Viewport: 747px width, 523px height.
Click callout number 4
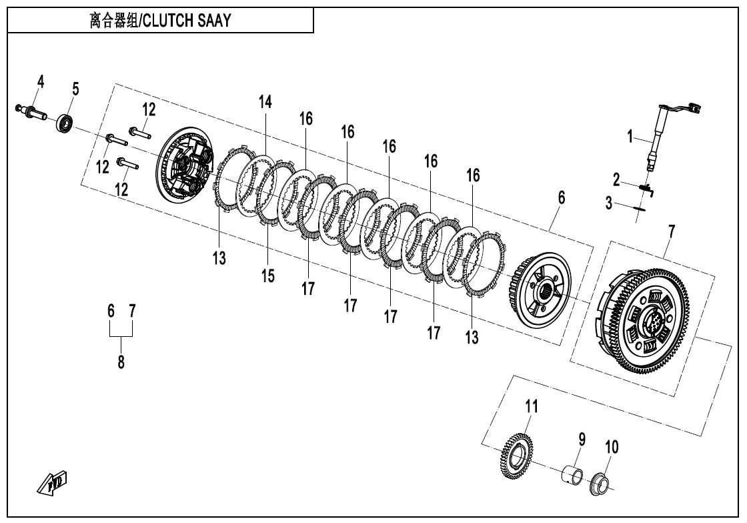point(41,81)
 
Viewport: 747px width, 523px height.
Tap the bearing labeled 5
point(64,124)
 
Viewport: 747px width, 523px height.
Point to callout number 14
point(266,102)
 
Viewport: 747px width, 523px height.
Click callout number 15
point(268,276)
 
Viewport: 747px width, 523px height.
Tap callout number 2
point(617,179)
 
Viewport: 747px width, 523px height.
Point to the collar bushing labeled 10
point(601,484)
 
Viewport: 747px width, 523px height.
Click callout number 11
point(531,406)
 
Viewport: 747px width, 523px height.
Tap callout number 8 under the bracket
point(121,364)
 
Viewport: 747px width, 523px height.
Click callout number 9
point(582,439)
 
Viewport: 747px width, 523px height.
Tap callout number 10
point(611,447)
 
